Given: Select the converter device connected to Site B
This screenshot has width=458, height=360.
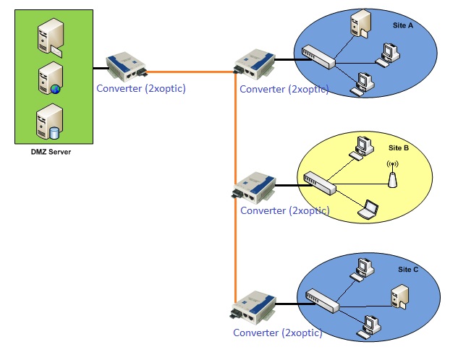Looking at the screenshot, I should pos(253,188).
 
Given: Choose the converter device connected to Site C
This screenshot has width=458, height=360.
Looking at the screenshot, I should pos(253,309).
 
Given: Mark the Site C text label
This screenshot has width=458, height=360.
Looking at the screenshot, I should pos(409,269).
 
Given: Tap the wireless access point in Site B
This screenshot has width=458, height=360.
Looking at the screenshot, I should pos(392,175).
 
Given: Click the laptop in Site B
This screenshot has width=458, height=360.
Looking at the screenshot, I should pos(370,208).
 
